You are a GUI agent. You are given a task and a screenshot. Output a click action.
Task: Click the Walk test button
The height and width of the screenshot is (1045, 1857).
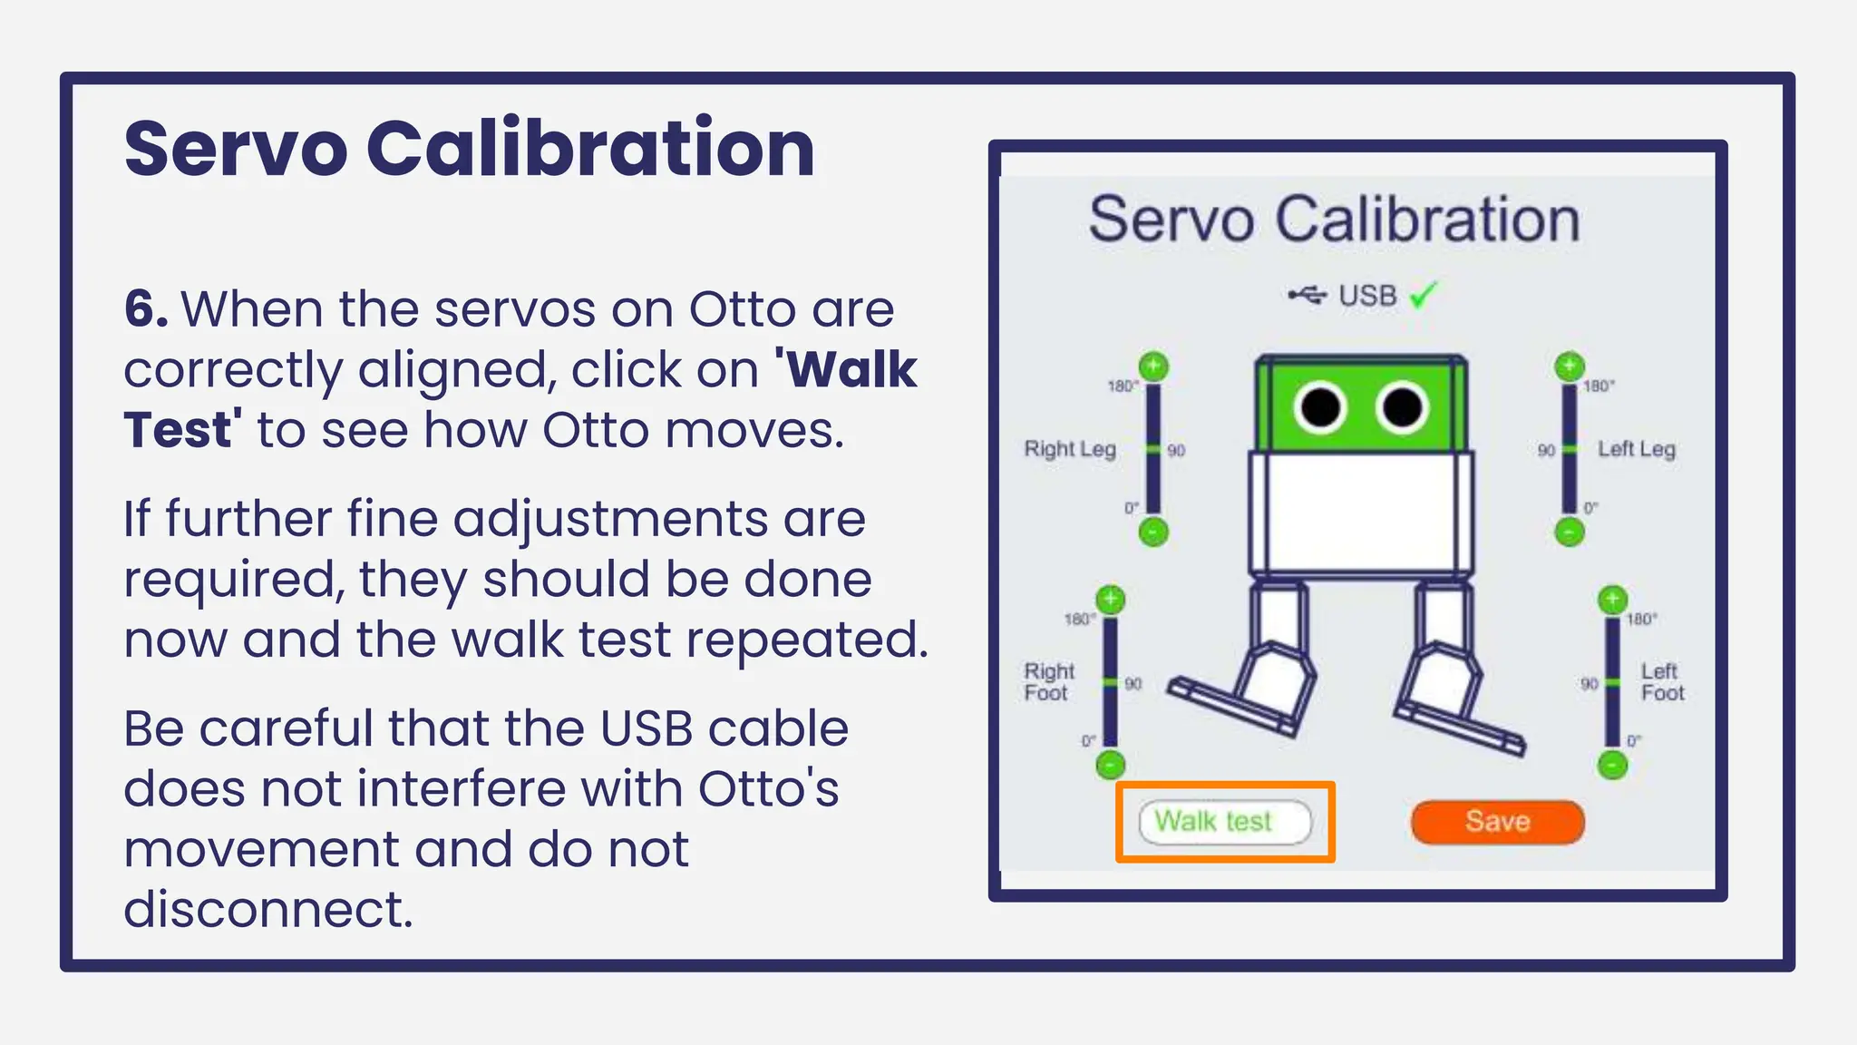click(x=1224, y=822)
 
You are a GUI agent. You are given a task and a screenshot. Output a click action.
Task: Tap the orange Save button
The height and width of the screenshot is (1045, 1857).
click(x=1497, y=822)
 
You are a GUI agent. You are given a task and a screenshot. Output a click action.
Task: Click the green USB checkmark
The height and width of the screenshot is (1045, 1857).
click(x=1424, y=295)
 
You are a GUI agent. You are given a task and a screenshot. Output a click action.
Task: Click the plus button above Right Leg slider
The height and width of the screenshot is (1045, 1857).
click(x=1153, y=366)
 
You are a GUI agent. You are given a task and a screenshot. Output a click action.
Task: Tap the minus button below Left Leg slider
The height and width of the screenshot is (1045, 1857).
click(x=1569, y=532)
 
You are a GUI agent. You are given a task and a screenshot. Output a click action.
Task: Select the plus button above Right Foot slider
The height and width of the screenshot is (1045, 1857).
click(x=1110, y=600)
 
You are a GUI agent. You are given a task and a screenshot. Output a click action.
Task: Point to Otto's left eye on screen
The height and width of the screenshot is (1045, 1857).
click(x=1320, y=407)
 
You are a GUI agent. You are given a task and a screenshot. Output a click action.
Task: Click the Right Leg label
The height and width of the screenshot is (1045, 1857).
click(x=1069, y=449)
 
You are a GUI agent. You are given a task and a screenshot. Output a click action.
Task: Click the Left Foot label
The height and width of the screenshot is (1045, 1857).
click(x=1661, y=682)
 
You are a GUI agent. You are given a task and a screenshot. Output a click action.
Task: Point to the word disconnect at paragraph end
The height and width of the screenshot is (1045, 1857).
click(x=267, y=909)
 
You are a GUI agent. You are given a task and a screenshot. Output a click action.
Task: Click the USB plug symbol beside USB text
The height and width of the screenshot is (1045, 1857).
click(x=1307, y=296)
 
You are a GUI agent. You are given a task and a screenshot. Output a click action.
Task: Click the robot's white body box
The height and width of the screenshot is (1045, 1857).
click(x=1360, y=513)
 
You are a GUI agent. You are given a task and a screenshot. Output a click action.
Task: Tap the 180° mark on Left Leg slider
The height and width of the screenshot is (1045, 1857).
click(x=1598, y=386)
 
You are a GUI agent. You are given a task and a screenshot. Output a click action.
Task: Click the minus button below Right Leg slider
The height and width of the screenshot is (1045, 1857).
click(x=1153, y=532)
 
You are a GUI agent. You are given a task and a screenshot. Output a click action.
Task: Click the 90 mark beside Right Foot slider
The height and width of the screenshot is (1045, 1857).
click(x=1133, y=684)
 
